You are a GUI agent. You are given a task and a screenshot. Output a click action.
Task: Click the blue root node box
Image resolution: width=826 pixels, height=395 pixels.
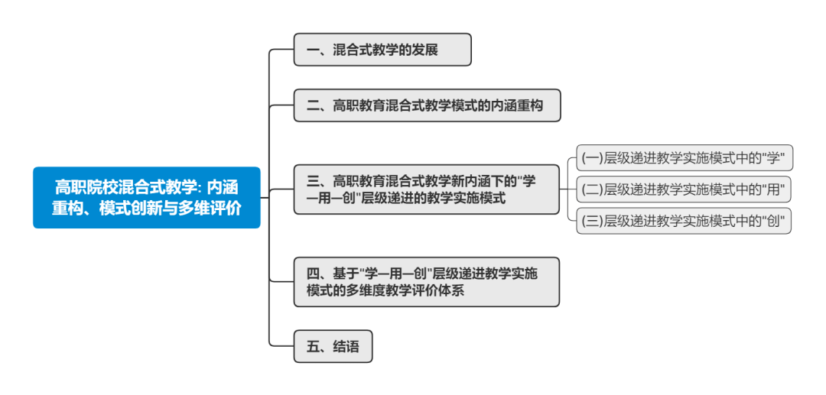click(x=146, y=197)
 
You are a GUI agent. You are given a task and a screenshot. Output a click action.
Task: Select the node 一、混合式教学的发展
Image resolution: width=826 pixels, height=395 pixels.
click(x=382, y=50)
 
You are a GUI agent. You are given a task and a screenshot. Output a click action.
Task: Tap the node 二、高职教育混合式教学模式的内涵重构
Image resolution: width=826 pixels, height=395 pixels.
click(x=427, y=105)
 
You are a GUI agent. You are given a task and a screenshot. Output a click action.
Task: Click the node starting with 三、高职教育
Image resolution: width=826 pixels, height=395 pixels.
click(x=426, y=189)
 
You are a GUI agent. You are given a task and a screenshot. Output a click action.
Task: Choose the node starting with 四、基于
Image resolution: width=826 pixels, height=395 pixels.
click(x=426, y=282)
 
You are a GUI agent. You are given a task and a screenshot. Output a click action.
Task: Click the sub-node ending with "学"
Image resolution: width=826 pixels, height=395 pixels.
click(x=684, y=158)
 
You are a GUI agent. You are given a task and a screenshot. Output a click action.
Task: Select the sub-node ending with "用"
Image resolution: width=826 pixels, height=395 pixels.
click(x=684, y=189)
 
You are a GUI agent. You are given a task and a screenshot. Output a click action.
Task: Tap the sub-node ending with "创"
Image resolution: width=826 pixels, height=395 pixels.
click(x=684, y=221)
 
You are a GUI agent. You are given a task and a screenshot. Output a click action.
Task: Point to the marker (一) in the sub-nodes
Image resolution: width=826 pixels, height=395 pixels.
click(x=592, y=158)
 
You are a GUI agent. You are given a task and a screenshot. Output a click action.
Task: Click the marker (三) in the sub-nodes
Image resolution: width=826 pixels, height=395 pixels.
click(x=592, y=222)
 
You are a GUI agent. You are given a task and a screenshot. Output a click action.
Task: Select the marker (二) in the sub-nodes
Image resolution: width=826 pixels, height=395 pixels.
click(x=592, y=189)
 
